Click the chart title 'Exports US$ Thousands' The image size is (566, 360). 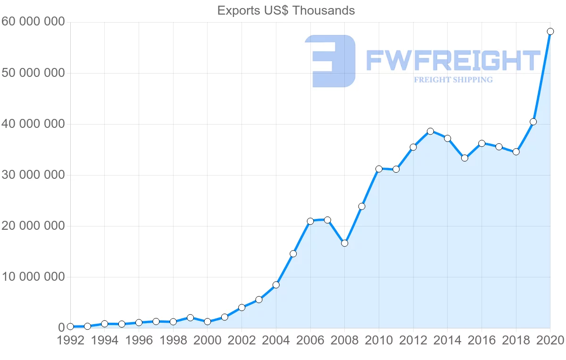(286, 10)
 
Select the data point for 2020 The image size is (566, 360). (550, 32)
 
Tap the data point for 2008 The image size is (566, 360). (344, 243)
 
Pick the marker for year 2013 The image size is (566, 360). (430, 131)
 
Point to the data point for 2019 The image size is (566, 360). (533, 122)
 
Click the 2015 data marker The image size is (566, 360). (465, 158)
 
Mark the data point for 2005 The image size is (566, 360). (293, 254)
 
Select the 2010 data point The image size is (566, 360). (379, 169)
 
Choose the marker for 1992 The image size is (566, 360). (70, 327)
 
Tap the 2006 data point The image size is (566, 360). (310, 221)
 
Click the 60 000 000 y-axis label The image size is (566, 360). (33, 22)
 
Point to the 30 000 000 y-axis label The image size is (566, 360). (33, 175)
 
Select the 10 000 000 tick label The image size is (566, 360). (33, 277)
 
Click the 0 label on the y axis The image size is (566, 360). (61, 328)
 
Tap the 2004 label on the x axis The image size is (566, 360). (276, 341)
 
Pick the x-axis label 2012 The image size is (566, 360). (413, 341)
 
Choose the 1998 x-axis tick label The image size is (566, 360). (173, 341)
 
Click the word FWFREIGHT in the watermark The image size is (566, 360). (453, 61)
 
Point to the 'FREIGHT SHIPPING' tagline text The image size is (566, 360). (453, 80)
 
